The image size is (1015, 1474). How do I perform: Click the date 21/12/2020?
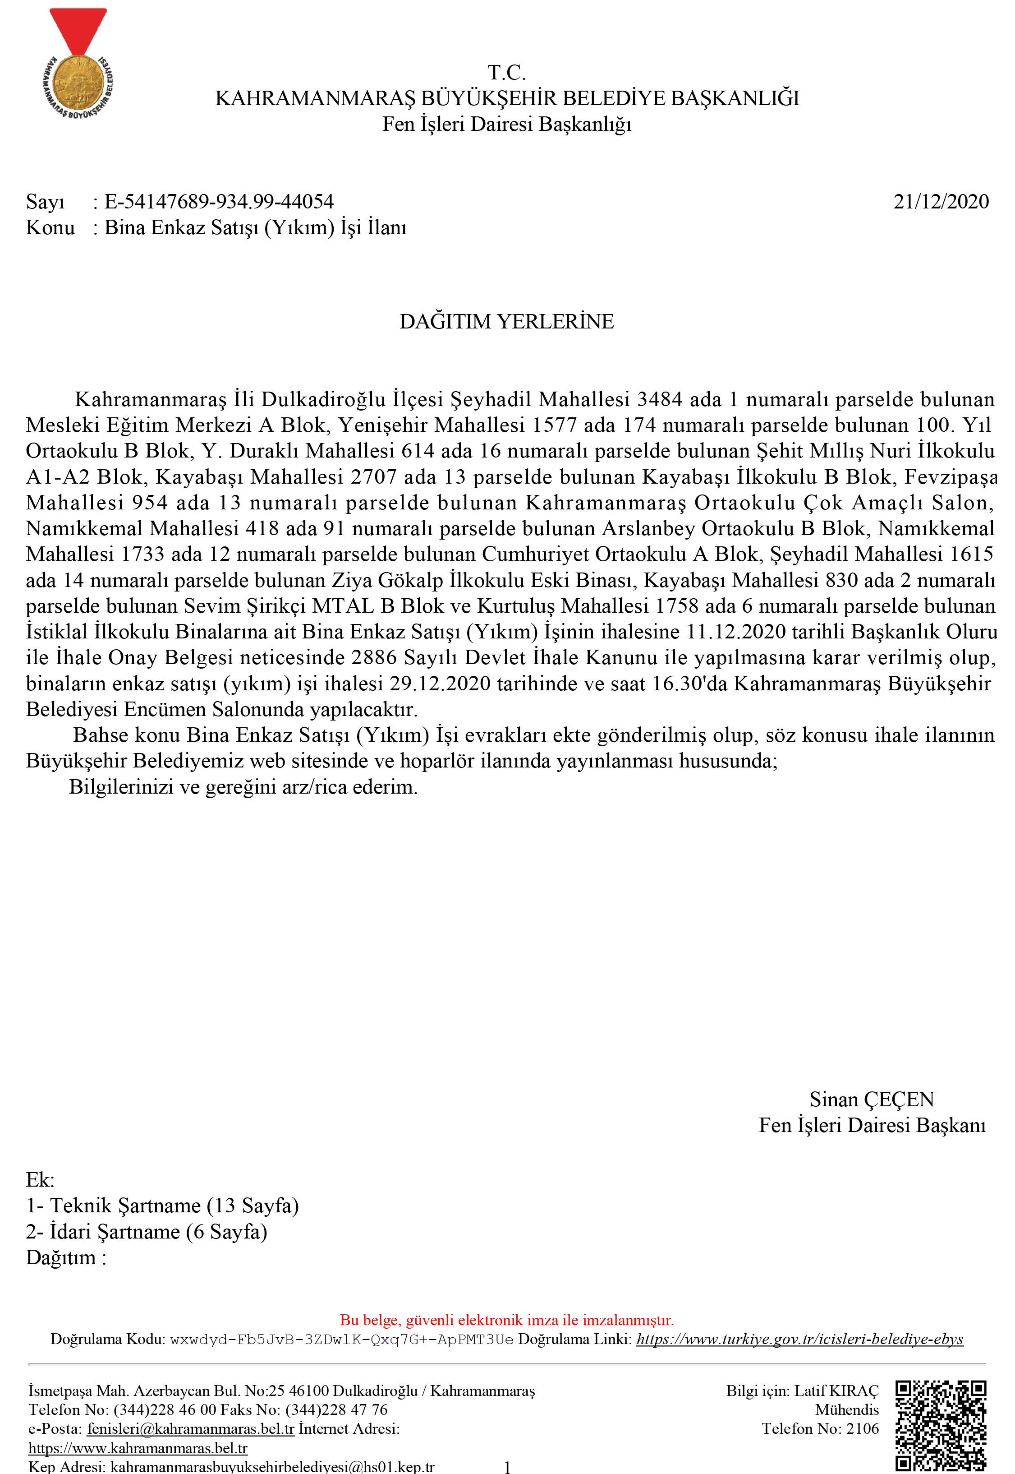point(941,202)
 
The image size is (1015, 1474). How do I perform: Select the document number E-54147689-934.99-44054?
point(219,202)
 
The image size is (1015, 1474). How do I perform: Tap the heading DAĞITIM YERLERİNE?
point(507,321)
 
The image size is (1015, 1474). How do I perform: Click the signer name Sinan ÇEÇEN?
point(871,1100)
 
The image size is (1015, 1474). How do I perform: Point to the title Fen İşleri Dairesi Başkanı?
point(872,1125)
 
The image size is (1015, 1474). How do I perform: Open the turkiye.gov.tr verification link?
point(799,1339)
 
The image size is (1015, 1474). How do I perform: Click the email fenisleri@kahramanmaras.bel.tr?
point(191,1429)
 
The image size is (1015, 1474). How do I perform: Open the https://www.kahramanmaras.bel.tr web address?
point(138,1449)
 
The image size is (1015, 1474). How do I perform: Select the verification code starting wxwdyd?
point(341,1340)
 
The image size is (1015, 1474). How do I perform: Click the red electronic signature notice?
point(507,1320)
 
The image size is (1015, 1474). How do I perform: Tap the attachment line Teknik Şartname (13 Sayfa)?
point(174,1206)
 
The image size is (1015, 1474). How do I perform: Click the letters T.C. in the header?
point(507,73)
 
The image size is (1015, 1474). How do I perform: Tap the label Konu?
point(50,228)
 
